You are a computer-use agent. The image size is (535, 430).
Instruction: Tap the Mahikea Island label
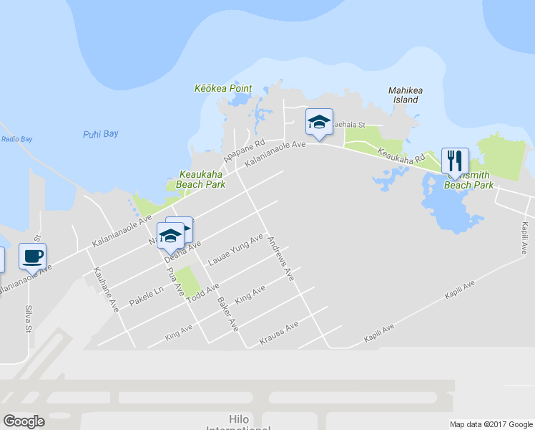403,95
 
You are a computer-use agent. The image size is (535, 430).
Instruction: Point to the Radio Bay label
16,139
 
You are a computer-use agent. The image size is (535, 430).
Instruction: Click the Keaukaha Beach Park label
202,178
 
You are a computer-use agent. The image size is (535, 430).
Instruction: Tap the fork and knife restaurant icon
454,159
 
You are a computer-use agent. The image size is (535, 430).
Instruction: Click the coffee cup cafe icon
32,255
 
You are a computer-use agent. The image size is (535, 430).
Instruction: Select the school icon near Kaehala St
319,121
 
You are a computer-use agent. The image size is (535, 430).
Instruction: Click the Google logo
24,421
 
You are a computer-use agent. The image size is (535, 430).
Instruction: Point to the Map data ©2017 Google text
491,424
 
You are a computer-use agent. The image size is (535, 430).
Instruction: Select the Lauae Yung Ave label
235,250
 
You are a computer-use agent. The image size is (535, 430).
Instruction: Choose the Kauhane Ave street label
105,289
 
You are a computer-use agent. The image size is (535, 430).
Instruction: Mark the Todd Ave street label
202,294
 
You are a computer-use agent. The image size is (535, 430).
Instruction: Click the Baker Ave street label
227,313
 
